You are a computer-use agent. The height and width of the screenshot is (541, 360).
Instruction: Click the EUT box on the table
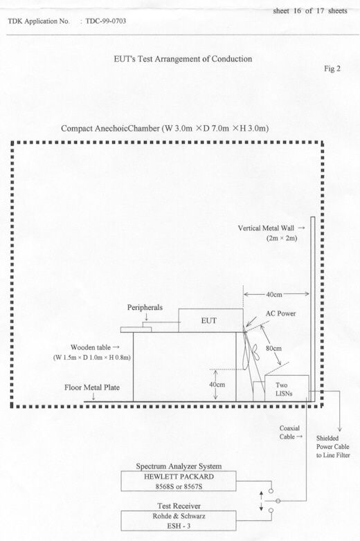tap(210, 320)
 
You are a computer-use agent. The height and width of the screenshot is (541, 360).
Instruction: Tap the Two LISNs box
tap(287, 389)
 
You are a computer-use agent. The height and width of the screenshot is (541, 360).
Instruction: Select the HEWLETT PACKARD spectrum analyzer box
tap(179, 482)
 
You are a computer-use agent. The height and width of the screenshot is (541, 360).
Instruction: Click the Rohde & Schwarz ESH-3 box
tap(179, 521)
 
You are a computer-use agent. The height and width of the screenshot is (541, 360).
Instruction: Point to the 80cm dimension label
tap(273, 349)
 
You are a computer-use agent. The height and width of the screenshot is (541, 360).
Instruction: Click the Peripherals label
tap(145, 307)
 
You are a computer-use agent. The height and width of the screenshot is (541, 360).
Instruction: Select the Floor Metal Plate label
tap(92, 387)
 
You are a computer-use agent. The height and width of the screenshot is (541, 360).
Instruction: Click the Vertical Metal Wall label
tap(266, 228)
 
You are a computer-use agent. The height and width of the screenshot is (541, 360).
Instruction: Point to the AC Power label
tap(280, 313)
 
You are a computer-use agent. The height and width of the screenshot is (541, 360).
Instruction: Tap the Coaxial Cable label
tap(289, 432)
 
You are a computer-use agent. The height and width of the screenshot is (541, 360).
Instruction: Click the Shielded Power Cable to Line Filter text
tap(333, 447)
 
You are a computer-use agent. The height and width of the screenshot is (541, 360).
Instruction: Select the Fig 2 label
tap(332, 68)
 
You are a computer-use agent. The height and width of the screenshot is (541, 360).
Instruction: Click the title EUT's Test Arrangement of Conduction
tap(183, 59)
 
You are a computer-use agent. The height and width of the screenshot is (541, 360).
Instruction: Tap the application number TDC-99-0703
tap(106, 21)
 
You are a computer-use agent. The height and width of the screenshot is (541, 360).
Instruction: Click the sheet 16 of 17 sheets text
tap(310, 10)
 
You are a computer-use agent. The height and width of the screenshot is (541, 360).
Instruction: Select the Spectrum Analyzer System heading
tap(179, 466)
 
